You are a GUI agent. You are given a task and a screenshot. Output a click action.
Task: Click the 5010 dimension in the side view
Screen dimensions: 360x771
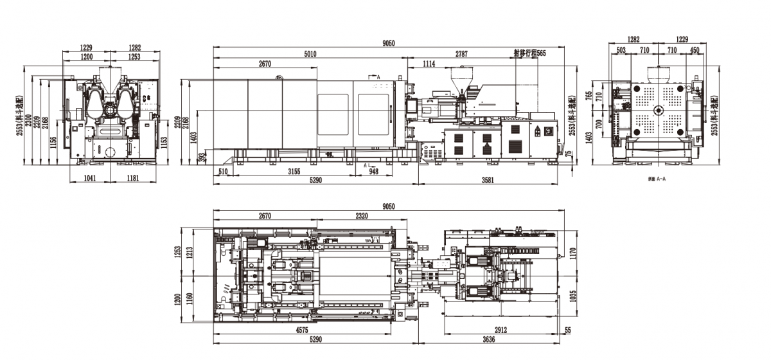310,55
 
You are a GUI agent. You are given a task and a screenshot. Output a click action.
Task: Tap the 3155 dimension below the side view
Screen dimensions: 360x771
294,172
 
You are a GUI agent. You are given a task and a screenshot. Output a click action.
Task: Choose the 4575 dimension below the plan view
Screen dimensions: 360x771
310,330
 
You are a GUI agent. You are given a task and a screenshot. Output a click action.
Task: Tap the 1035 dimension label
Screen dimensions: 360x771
572,296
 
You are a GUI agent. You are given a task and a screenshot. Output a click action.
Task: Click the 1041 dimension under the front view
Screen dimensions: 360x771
90,178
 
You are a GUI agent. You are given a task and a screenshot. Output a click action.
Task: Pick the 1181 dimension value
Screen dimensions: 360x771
134,178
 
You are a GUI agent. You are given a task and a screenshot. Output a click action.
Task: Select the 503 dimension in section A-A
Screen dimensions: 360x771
621,50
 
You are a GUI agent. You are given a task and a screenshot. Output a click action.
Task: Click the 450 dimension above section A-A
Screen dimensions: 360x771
695,50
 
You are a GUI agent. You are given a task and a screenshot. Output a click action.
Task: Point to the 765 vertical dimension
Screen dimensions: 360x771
589,95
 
